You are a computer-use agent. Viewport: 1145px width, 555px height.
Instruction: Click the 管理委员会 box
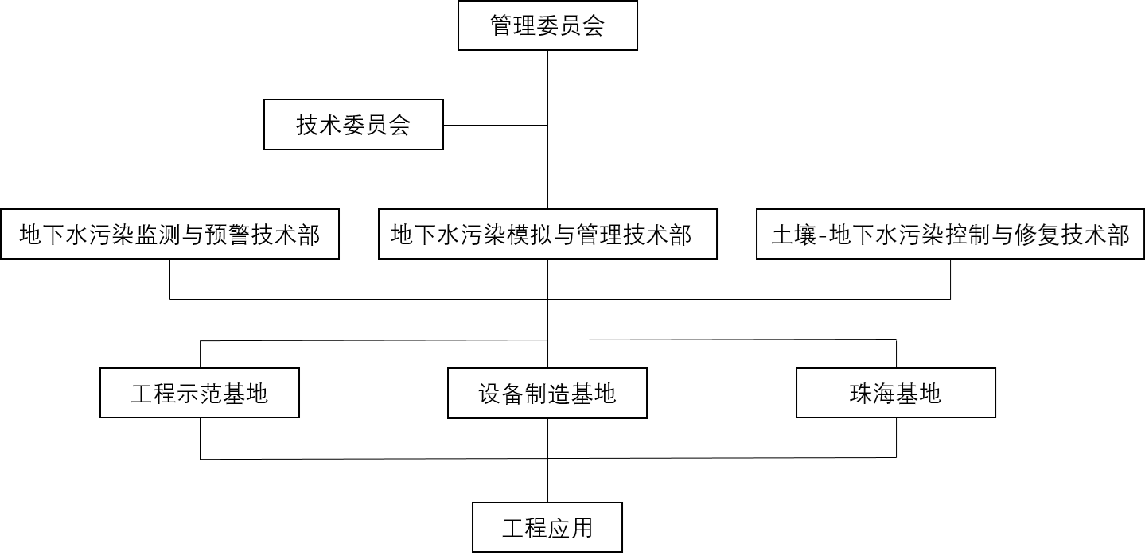coord(547,25)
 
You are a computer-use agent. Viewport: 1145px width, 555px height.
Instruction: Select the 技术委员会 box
coord(353,125)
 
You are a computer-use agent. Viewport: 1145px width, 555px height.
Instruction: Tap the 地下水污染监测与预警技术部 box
coord(169,235)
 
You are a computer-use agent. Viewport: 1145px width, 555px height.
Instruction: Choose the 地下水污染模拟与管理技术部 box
coord(547,235)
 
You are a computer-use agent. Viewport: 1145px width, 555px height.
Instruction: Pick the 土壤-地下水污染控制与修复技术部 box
coord(951,235)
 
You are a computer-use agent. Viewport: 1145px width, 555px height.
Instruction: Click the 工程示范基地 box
coord(199,393)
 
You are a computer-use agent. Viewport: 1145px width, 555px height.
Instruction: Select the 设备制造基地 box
coord(547,393)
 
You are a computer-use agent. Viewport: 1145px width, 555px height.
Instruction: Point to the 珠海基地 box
coord(896,393)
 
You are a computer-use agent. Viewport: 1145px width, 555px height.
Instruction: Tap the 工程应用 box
coord(547,528)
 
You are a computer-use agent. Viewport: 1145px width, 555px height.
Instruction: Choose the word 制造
coord(547,393)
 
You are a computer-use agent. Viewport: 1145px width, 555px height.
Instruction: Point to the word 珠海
coord(873,393)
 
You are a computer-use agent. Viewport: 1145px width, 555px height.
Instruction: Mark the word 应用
coord(571,528)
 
